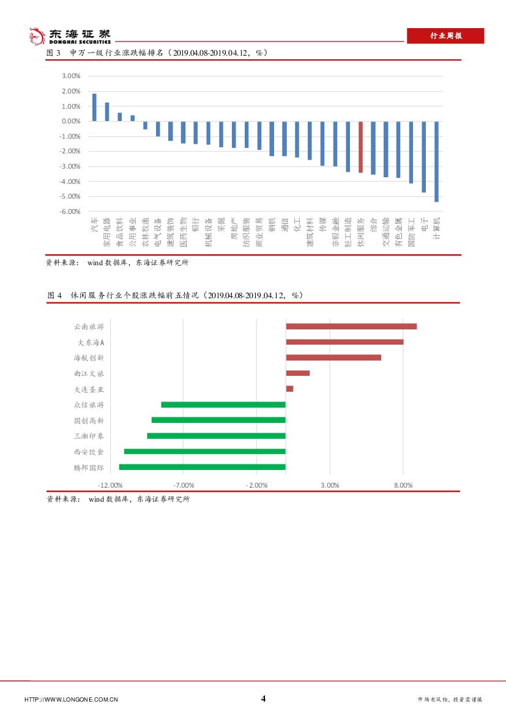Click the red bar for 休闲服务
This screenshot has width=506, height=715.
coord(361,147)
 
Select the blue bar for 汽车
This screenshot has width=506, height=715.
coord(94,108)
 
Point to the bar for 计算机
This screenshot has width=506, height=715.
coord(437,161)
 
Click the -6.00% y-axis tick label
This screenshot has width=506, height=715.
coord(70,211)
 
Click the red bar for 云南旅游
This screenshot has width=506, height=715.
coord(351,326)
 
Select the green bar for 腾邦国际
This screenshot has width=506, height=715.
coord(203,467)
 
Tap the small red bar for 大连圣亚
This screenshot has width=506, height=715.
coord(289,389)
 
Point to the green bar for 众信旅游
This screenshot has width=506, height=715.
coord(223,405)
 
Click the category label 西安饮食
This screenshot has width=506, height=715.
coord(89,452)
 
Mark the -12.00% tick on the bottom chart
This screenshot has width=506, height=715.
coord(111,485)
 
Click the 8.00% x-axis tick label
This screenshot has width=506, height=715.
coord(403,485)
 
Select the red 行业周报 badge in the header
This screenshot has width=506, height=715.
coord(446,36)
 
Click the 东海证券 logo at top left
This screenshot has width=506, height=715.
coord(70,36)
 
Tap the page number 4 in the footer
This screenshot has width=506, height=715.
coord(264,698)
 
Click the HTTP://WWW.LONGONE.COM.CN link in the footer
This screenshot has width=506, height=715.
coord(71,699)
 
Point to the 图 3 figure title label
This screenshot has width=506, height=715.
coord(54,53)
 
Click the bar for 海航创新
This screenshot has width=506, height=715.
coord(333,358)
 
